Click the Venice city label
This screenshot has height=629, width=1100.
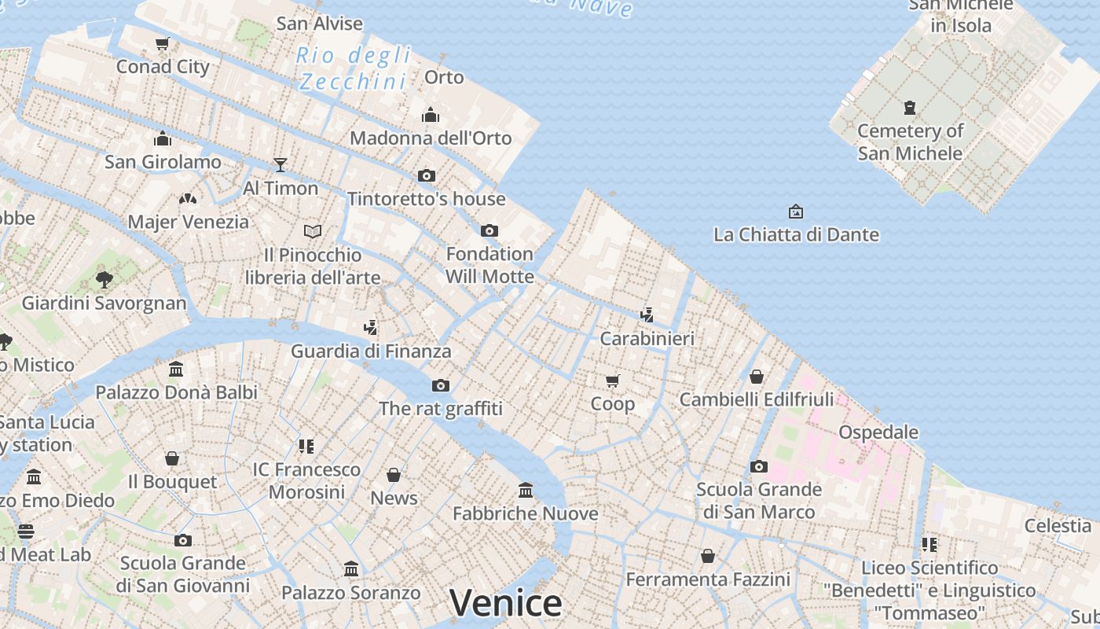coord(506,603)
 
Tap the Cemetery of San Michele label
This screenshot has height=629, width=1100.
coord(910,142)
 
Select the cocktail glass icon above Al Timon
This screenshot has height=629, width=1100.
coord(280,164)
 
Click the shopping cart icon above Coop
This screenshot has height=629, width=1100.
coord(613,381)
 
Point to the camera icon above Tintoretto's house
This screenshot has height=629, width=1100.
coord(427,175)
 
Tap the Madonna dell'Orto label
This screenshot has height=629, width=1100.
coord(431,138)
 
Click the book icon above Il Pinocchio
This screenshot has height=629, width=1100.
coord(313,231)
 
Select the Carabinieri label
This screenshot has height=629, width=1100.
coord(647,339)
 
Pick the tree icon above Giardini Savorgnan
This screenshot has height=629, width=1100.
coord(104,279)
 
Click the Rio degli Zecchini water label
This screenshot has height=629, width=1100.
coord(354,68)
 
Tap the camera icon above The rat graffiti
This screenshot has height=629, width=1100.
coord(441,385)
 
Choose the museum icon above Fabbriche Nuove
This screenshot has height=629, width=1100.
coord(526,491)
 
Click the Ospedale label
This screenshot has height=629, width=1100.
coord(878,432)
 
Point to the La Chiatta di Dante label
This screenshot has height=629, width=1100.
coord(796,234)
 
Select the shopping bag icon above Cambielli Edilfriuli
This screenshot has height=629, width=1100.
coord(757,377)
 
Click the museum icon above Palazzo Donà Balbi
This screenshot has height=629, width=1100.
coord(176,369)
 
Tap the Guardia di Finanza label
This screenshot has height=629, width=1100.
coord(371,351)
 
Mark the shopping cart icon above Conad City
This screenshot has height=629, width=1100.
coord(163,44)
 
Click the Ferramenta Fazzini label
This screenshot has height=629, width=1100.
coord(707,579)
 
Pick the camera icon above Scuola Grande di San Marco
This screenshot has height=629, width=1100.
coord(759,466)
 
